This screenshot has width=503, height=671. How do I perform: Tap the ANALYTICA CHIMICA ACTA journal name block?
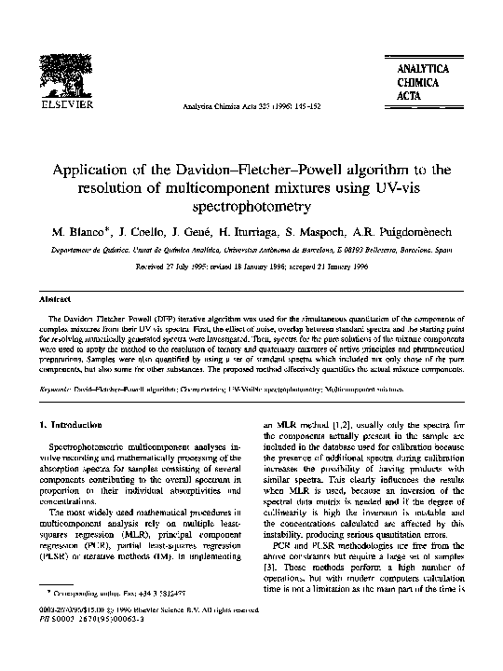pos(424,83)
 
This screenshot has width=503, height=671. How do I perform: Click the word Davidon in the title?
pos(221,170)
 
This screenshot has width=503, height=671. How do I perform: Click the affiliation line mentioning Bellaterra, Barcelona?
pos(252,250)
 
